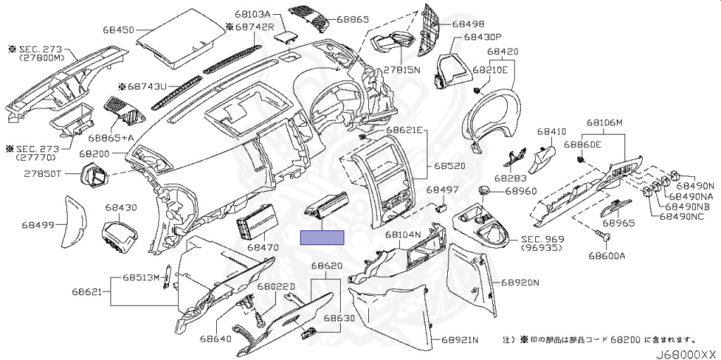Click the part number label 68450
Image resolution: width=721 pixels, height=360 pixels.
tap(118, 30)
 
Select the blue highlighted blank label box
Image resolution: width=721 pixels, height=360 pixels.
tap(322, 237)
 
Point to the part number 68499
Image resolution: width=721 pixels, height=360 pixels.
tap(38, 225)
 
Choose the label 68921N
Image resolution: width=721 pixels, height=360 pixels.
tap(460, 340)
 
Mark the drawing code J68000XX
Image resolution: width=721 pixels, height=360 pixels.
tap(686, 354)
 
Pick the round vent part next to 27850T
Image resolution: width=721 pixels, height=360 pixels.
tap(94, 175)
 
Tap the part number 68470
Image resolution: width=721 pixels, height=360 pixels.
tap(263, 248)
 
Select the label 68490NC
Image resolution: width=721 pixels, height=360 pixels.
tap(682, 216)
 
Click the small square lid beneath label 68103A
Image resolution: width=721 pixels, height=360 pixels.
tap(284, 37)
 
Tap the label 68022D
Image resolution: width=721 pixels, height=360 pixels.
tap(276, 287)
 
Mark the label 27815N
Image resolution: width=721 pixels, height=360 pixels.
tap(402, 70)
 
